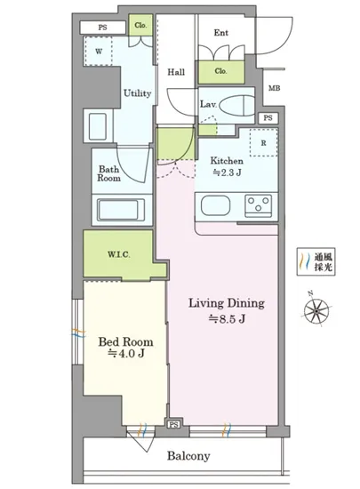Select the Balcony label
coord(188,456)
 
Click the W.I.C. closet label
coord(119,254)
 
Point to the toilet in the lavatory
coord(236,106)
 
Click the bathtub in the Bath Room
coord(121,210)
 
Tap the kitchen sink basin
coord(216,206)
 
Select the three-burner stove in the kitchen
coord(258,205)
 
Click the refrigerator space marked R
coord(264,142)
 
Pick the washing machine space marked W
coord(98,52)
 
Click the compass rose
coord(316,310)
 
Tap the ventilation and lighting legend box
coord(316,261)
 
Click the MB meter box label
coord(275,88)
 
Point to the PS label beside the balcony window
coord(174,424)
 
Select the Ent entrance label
coord(221,32)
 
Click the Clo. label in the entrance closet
coord(220,71)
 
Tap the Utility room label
coord(137,93)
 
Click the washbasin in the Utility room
coord(98,126)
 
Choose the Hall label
coord(176,72)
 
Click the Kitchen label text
coord(227,161)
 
